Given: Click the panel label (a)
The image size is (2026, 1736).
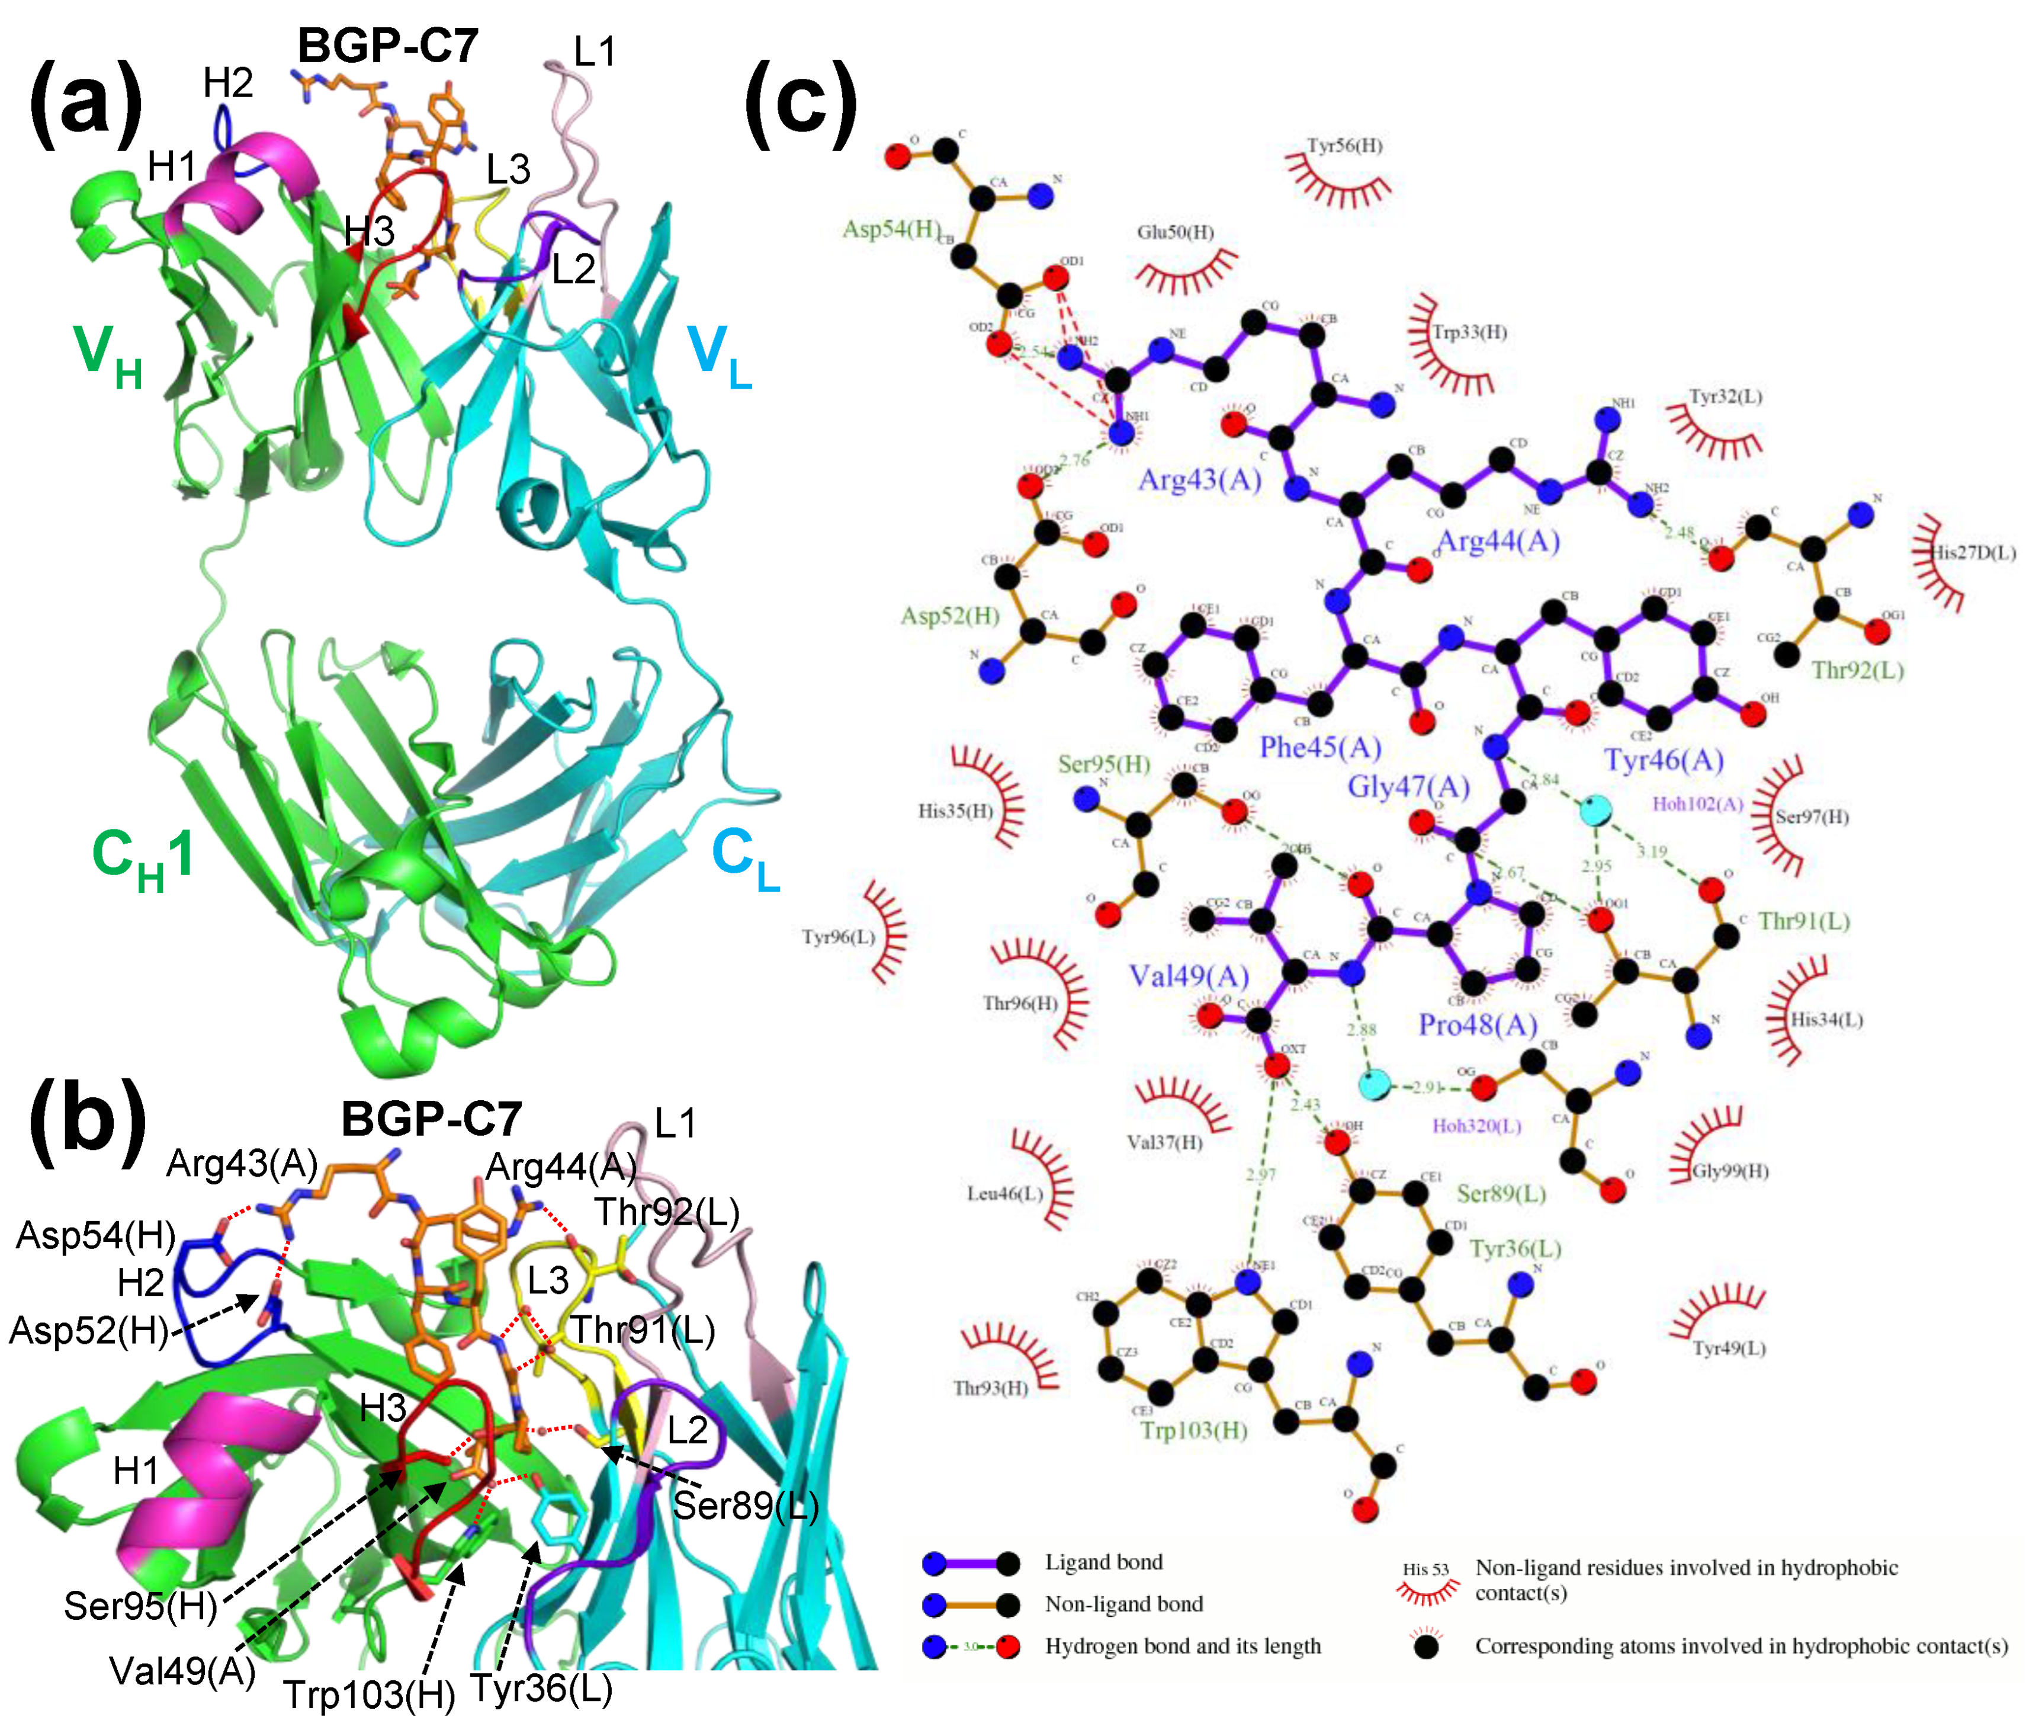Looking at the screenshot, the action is click(x=86, y=105).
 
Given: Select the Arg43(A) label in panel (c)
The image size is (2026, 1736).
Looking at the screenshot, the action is click(x=1200, y=479).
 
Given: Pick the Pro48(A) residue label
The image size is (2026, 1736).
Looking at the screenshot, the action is click(x=1478, y=1025).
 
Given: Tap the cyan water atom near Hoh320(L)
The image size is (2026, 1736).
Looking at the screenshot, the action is click(x=1375, y=1085).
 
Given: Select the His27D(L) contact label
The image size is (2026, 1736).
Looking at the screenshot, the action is click(x=1972, y=553).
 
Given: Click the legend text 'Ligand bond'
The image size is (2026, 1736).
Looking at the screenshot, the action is click(x=1104, y=1562).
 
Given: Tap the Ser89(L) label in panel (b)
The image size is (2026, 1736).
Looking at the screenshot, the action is click(x=745, y=1505).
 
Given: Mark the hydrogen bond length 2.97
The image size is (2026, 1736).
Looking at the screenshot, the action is click(x=1260, y=1174).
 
